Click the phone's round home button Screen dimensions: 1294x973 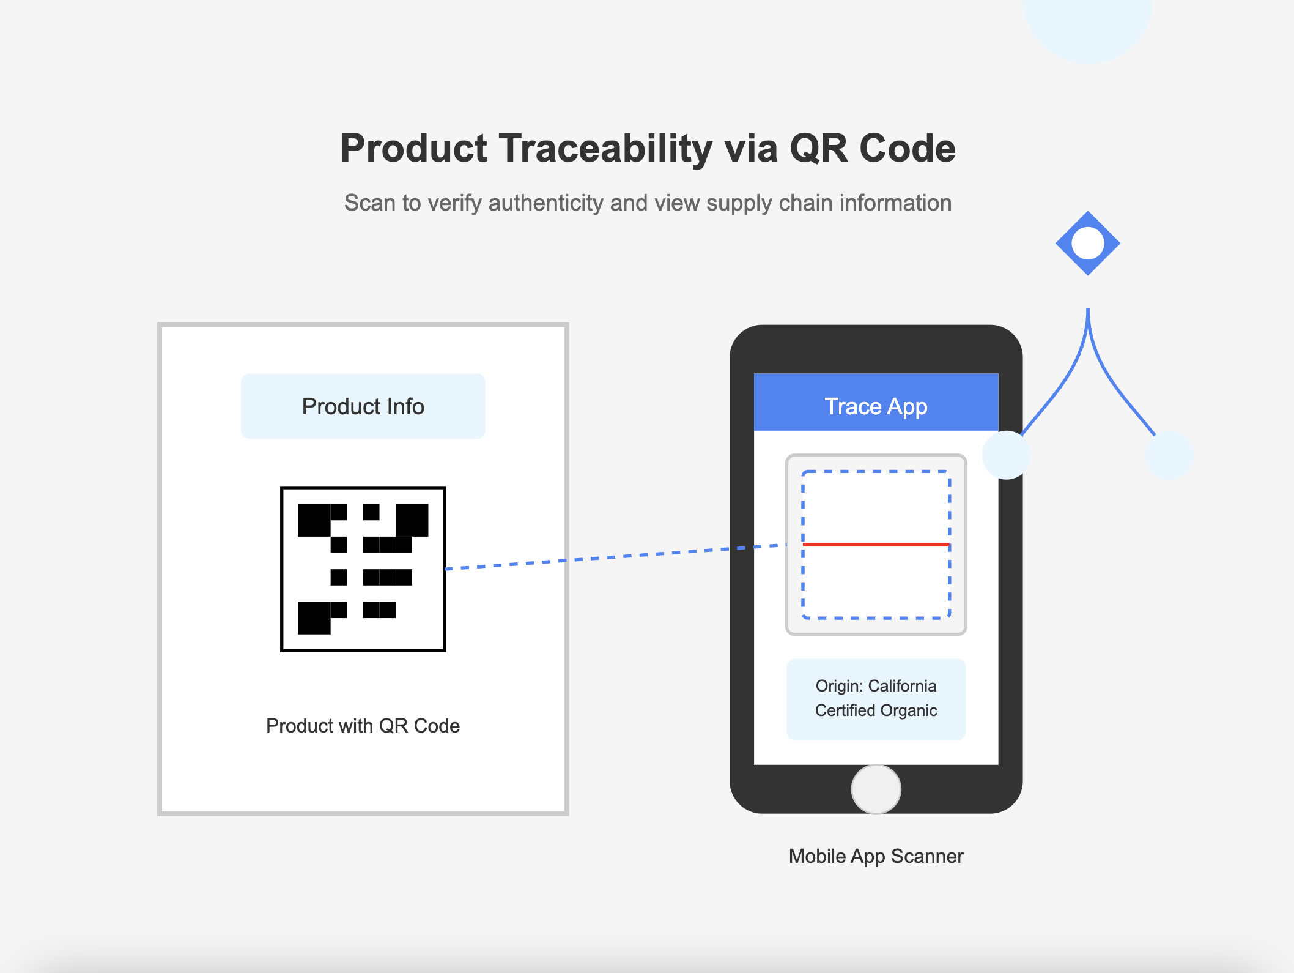(876, 789)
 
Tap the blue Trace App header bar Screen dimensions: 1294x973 (876, 402)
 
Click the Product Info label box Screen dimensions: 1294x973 (363, 406)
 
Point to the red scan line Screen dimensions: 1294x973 (876, 545)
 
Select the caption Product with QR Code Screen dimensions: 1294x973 (363, 726)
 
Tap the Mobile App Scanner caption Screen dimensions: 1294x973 (876, 856)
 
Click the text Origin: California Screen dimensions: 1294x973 (876, 686)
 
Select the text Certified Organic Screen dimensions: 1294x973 (876, 710)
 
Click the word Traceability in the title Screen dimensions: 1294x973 (605, 149)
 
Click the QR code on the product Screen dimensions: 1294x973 (363, 569)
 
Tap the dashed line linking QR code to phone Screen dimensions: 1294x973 (616, 557)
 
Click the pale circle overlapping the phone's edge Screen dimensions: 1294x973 (1007, 455)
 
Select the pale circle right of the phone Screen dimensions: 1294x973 (1169, 455)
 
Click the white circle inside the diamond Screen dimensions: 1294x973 (1088, 244)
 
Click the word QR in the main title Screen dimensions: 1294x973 (819, 149)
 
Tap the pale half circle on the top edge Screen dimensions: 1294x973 (1088, 28)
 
